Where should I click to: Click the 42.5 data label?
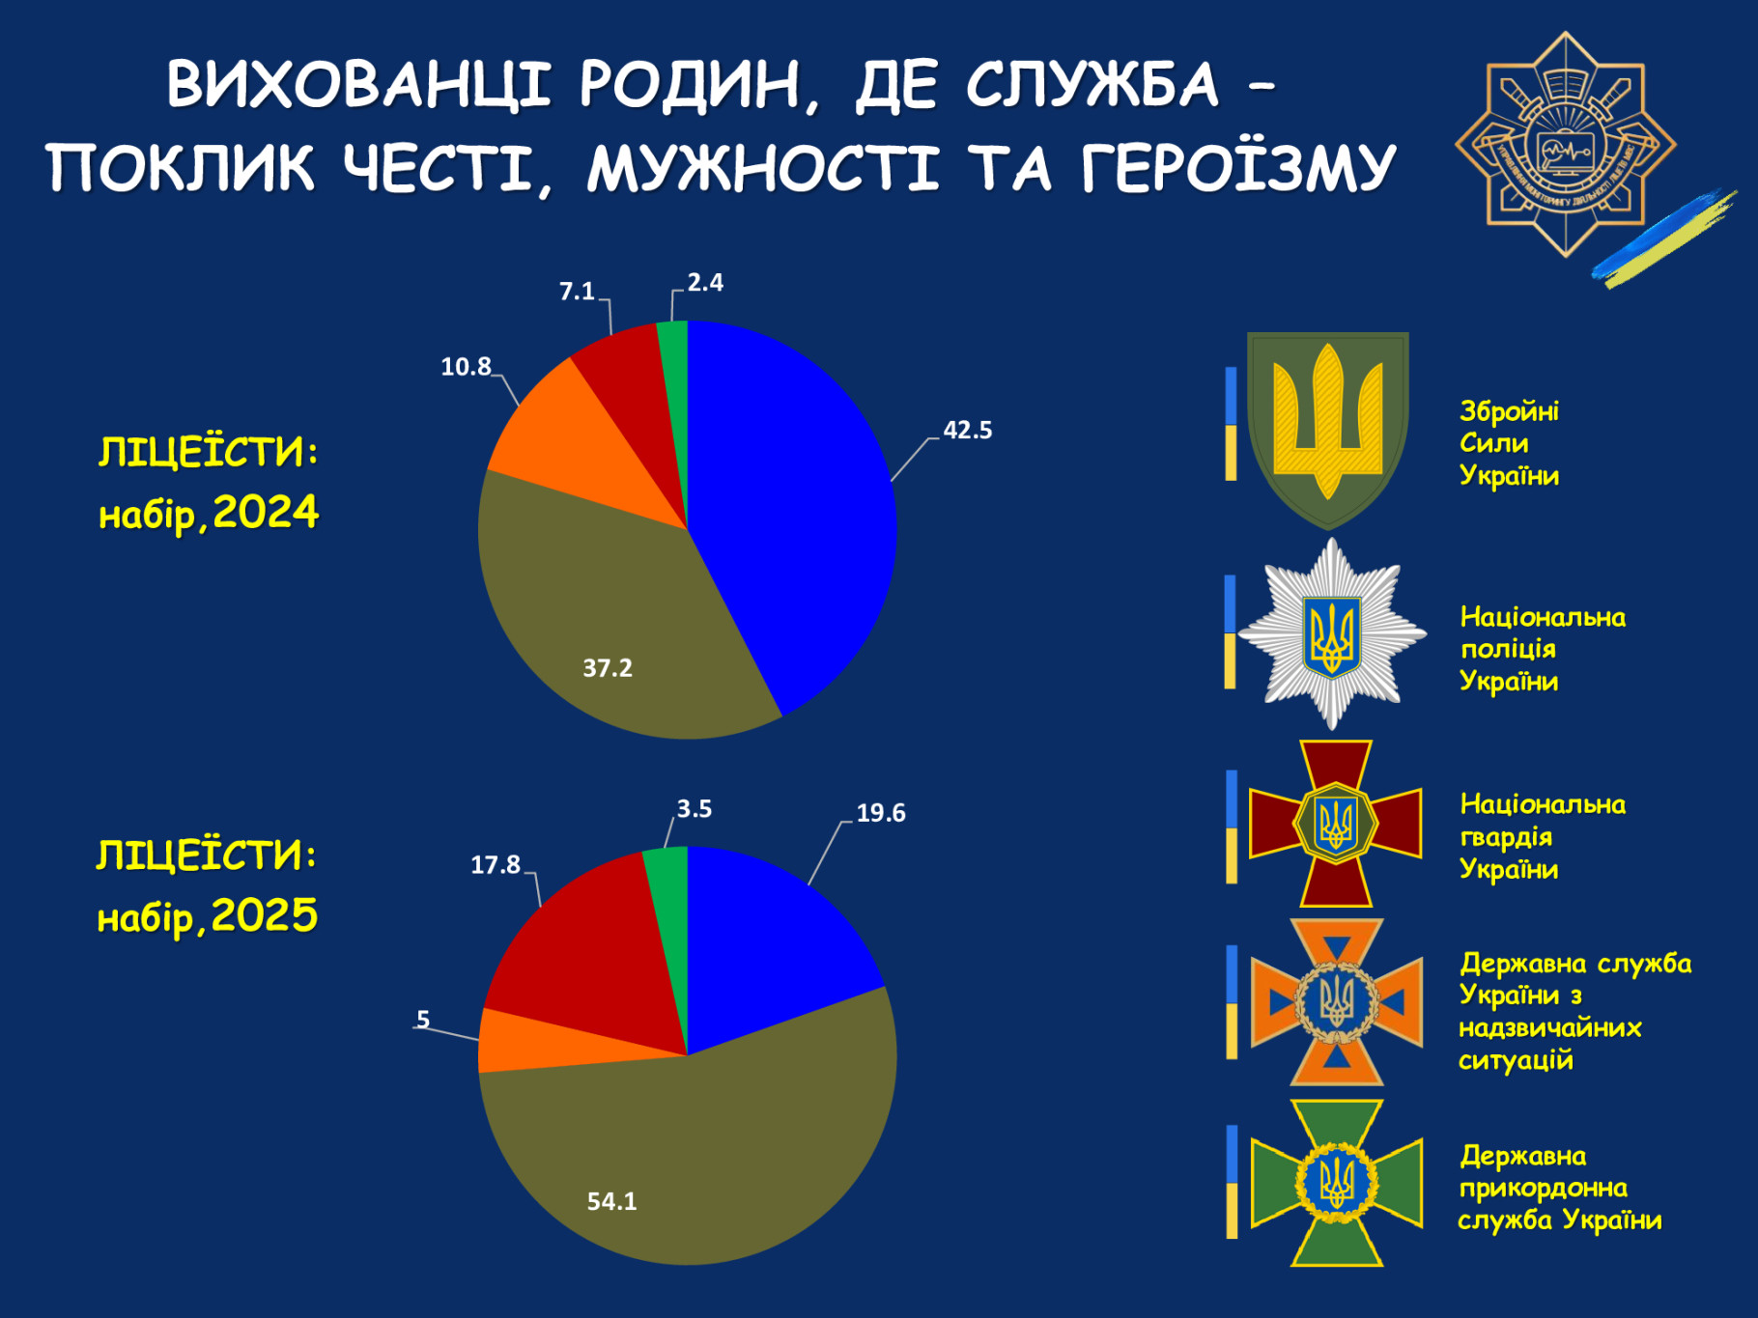click(967, 430)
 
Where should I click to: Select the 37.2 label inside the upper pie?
click(608, 667)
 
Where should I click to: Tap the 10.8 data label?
click(466, 367)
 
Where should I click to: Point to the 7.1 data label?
click(577, 291)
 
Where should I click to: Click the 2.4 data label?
click(705, 282)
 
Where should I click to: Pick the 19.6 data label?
click(881, 813)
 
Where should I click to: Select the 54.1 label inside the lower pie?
click(612, 1201)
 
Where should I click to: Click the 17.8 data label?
click(496, 864)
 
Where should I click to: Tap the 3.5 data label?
click(695, 808)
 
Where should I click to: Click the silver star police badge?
click(1332, 633)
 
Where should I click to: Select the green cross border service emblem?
click(1337, 1183)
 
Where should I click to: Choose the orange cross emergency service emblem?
click(1337, 1002)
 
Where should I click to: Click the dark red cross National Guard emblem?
click(1336, 824)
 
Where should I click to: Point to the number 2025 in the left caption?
click(265, 915)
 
